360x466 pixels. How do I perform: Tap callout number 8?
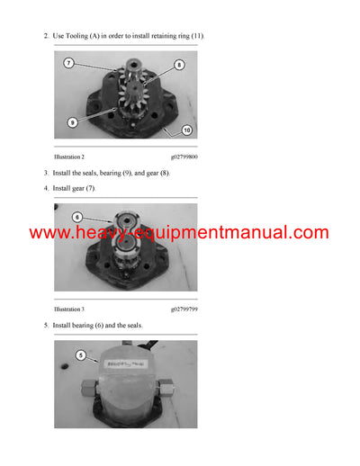coord(178,65)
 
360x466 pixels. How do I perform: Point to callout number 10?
coord(187,130)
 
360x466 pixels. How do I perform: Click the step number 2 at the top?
coord(46,35)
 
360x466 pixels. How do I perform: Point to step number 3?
coord(46,173)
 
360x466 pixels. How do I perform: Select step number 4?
coord(46,188)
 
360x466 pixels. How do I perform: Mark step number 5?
coord(46,325)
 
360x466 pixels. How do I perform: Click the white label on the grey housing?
coord(126,364)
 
